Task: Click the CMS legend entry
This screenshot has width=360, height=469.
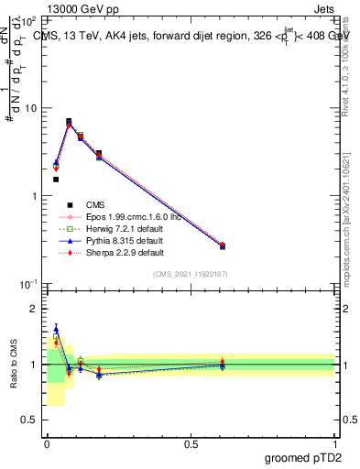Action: pos(95,204)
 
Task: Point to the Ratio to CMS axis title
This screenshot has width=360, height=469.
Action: pos(13,365)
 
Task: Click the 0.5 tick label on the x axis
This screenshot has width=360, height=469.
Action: pos(191,444)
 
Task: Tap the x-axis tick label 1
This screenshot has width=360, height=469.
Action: pos(334,444)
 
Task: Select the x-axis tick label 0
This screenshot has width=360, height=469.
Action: pos(47,444)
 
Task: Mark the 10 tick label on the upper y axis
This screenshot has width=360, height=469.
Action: pos(30,108)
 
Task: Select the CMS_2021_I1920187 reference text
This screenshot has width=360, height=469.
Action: pos(191,274)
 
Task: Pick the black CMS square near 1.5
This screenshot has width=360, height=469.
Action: pos(56,180)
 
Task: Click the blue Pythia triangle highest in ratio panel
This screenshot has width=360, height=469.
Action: pos(56,329)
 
